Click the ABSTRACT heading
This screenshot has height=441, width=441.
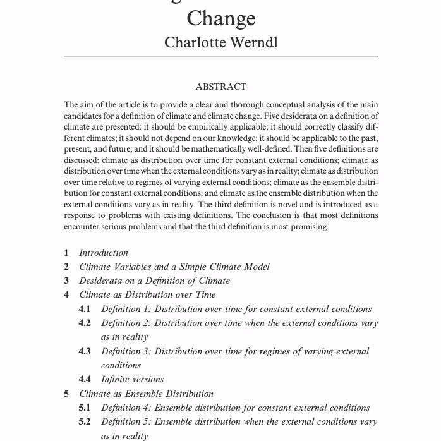point(220,87)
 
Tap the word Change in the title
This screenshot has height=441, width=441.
point(220,17)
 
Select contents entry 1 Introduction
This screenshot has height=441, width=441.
point(103,253)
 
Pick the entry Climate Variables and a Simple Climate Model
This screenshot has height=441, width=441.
point(174,267)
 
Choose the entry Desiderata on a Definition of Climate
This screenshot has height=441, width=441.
point(154,281)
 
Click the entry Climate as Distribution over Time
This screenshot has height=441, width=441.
point(147,294)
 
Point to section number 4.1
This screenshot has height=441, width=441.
point(85,309)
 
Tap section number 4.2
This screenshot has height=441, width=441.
point(85,323)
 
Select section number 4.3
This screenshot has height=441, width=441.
point(85,351)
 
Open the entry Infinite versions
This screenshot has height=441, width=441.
point(132,379)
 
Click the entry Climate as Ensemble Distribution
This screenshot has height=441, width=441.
point(146,394)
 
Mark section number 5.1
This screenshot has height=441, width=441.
point(85,408)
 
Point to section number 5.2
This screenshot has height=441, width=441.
point(85,421)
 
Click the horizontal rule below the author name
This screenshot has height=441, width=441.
point(220,57)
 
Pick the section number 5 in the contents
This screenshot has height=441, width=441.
point(66,394)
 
